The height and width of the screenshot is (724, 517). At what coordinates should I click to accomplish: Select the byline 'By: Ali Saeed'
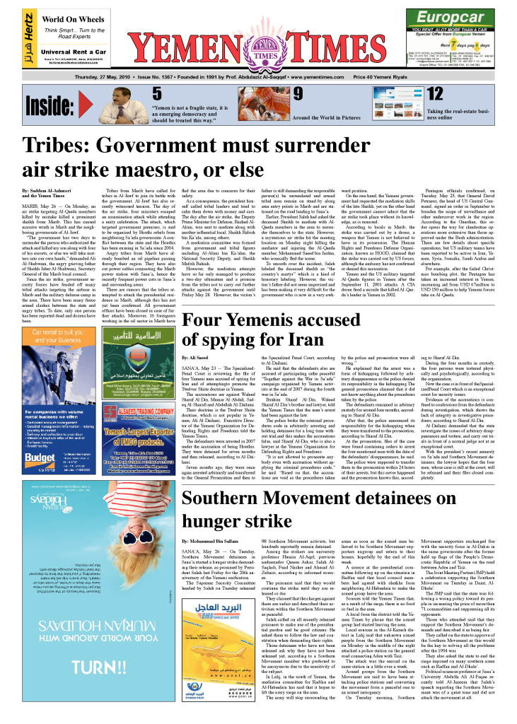coord(195,359)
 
